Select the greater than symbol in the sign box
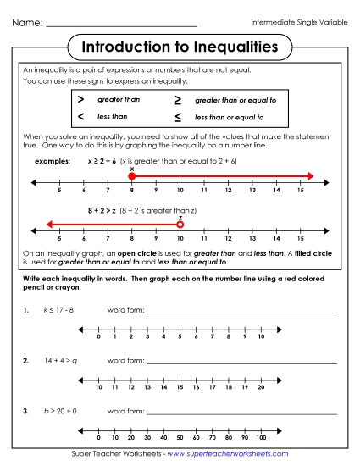click(x=80, y=100)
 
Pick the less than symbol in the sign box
click(x=80, y=116)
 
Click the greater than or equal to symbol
click(x=178, y=100)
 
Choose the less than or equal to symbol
click(x=178, y=117)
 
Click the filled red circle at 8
click(x=131, y=176)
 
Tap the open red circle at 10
click(x=180, y=225)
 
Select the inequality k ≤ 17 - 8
click(x=58, y=312)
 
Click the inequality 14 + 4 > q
click(x=61, y=360)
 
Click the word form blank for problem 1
click(x=241, y=312)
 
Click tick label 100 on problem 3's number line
click(x=260, y=438)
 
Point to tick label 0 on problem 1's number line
click(x=100, y=337)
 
